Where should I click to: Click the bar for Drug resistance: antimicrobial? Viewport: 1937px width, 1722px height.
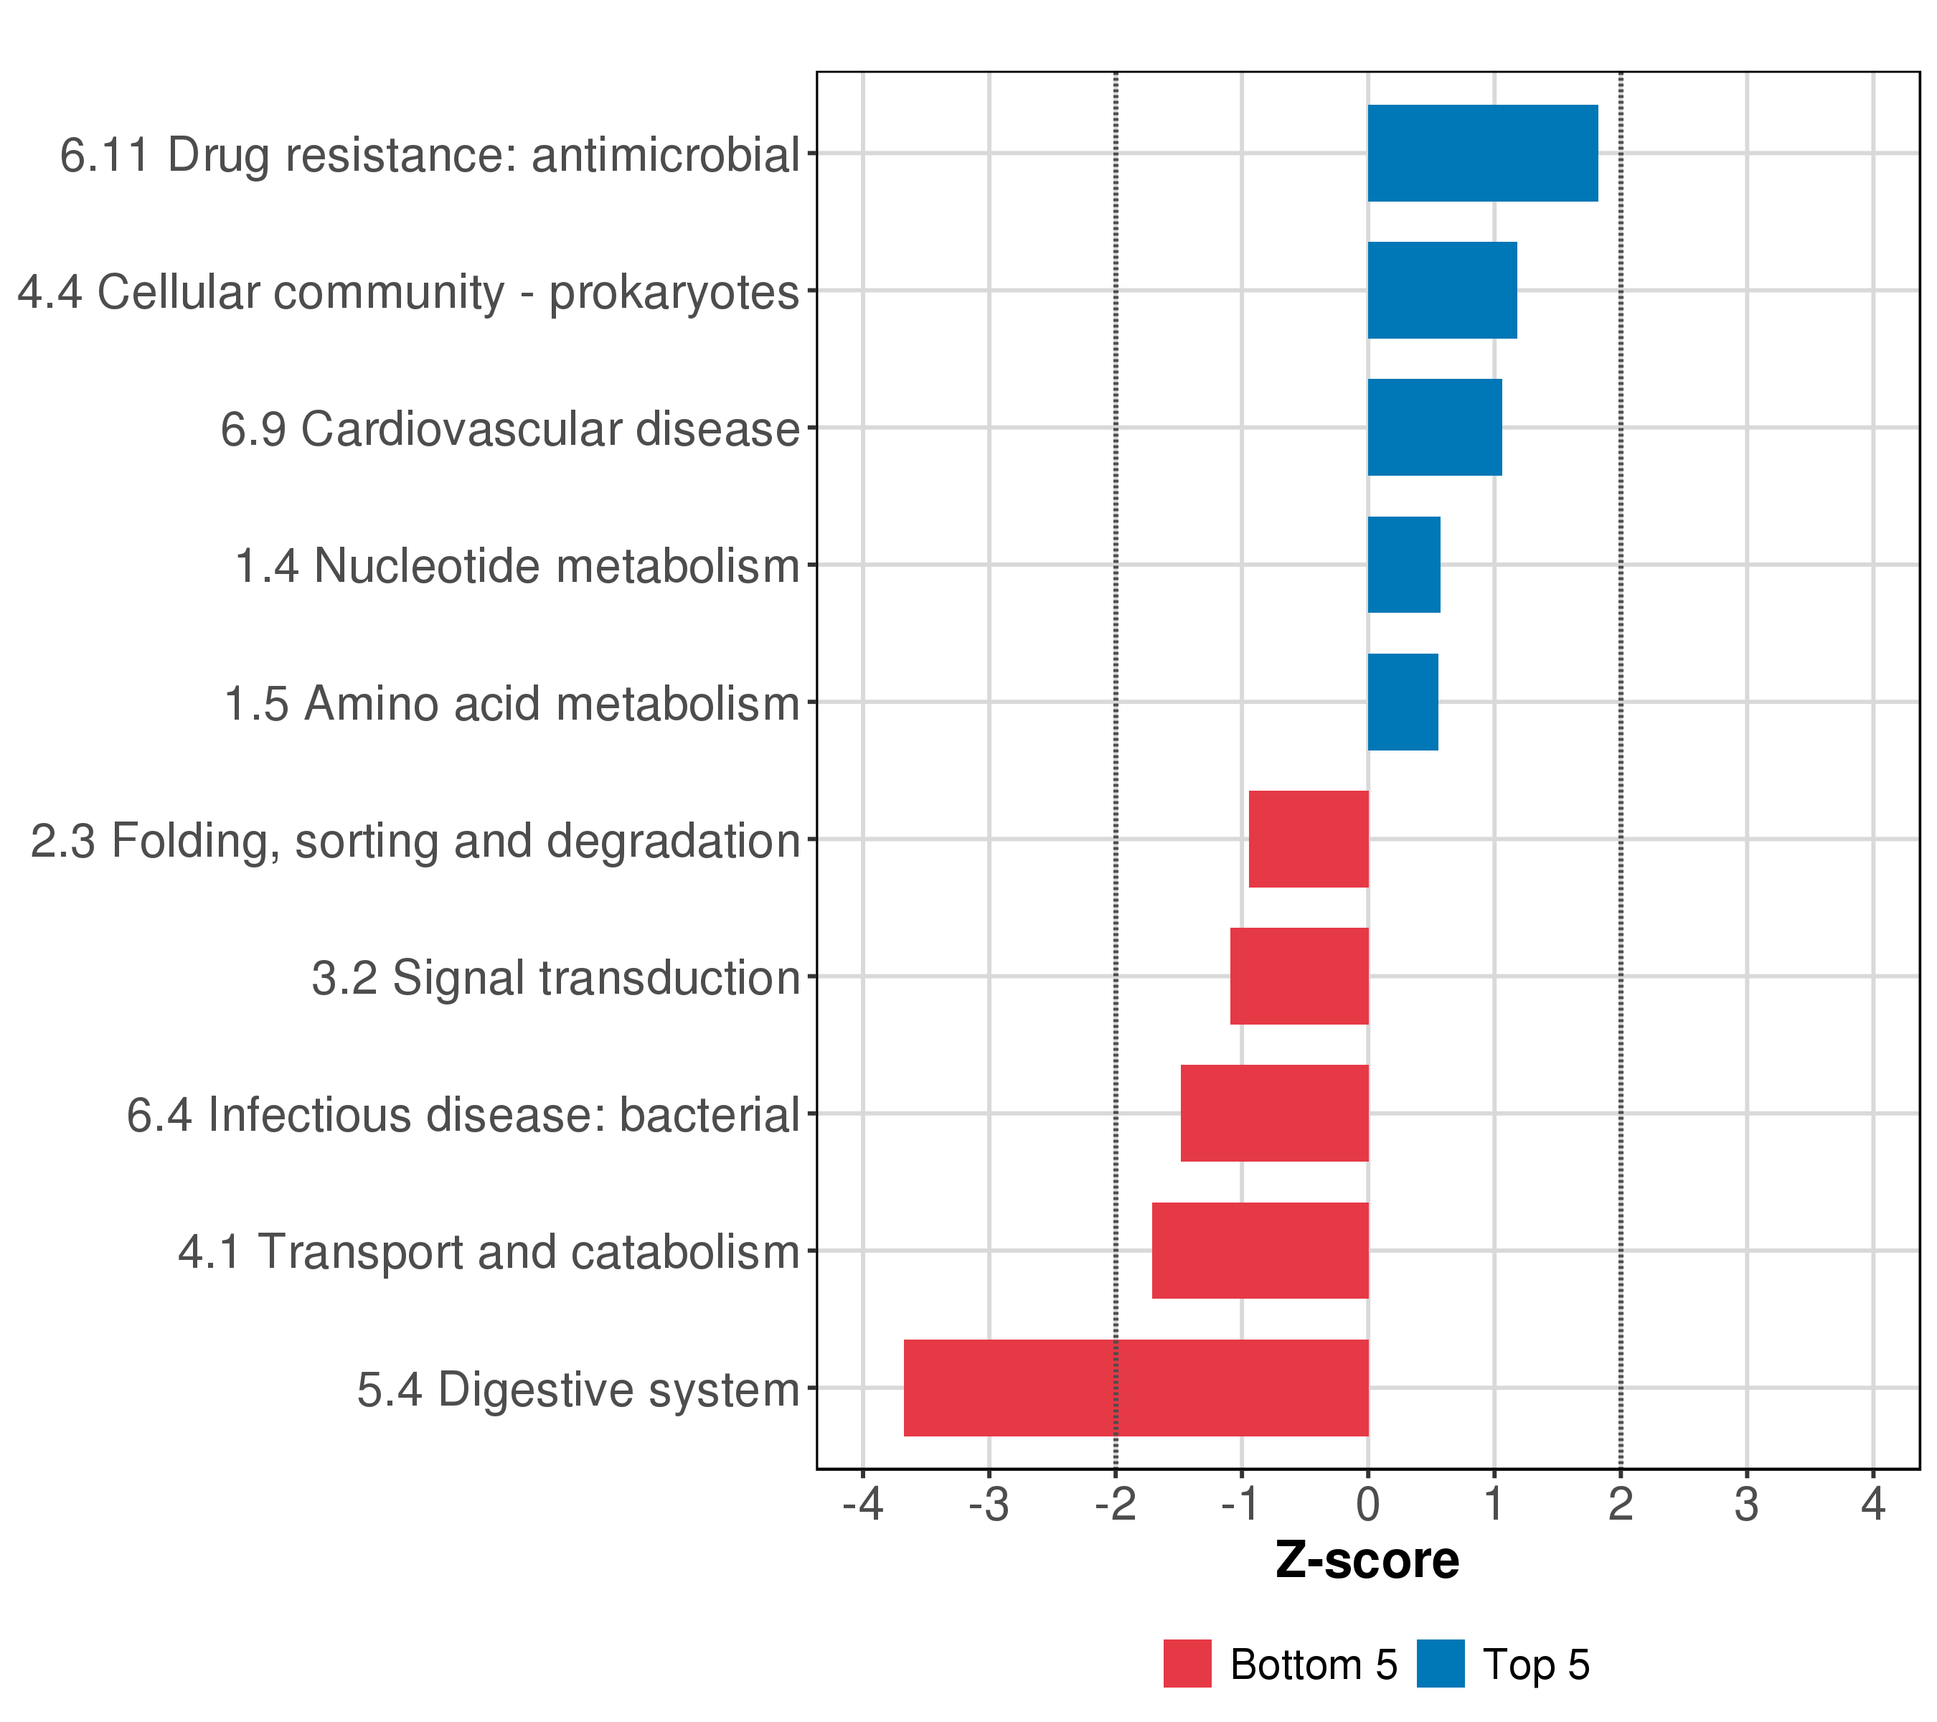click(x=1482, y=154)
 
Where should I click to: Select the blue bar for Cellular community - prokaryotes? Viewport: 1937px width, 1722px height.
click(x=1441, y=290)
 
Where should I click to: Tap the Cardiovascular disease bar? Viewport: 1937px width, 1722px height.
click(x=1434, y=428)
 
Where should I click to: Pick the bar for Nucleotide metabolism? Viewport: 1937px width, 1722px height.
click(x=1403, y=565)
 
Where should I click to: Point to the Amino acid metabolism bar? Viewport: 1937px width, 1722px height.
click(x=1403, y=702)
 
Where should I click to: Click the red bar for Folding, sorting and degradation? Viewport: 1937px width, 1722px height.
click(x=1309, y=839)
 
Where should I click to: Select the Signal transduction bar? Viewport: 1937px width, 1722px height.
click(x=1299, y=976)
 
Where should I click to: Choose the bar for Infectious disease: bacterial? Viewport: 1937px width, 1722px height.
click(x=1275, y=1114)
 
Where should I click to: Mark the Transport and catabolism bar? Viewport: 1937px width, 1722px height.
click(x=1260, y=1251)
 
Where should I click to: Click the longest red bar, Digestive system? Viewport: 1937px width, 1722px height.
click(x=1136, y=1388)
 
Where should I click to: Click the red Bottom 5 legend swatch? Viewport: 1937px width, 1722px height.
click(x=1187, y=1664)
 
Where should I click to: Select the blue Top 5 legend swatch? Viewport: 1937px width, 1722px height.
click(x=1441, y=1664)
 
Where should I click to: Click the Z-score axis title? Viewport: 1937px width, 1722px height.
click(x=1367, y=1561)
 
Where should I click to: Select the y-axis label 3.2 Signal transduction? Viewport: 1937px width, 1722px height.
click(x=556, y=978)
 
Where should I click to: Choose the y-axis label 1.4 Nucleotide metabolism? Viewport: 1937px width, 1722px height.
click(x=517, y=567)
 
